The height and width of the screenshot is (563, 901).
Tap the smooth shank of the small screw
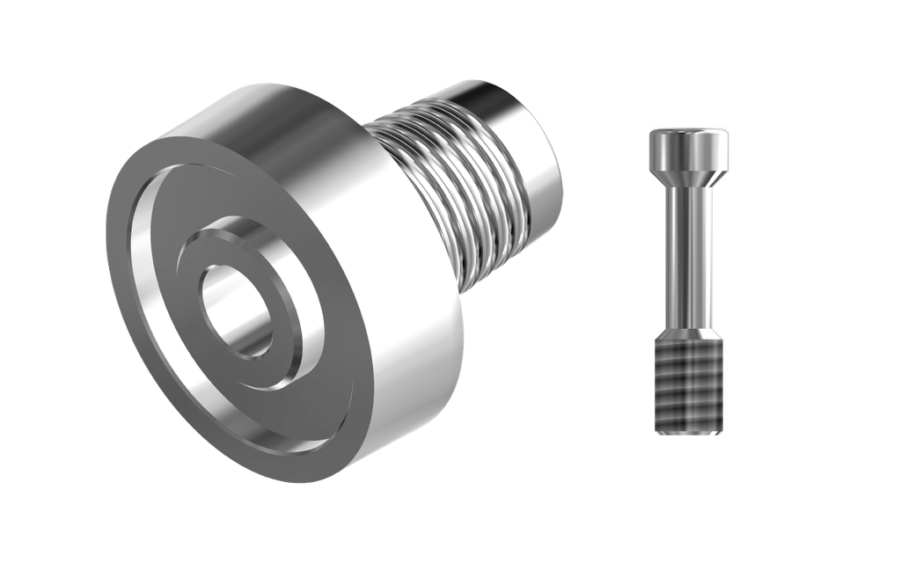click(x=688, y=255)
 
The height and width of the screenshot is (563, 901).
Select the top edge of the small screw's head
click(x=688, y=129)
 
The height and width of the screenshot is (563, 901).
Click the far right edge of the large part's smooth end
click(x=562, y=167)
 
